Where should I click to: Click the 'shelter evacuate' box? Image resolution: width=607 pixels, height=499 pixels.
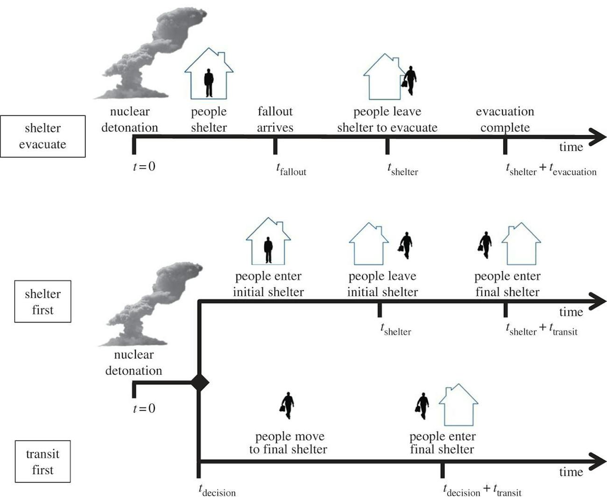click(x=42, y=136)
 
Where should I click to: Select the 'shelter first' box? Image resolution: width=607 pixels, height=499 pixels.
click(x=42, y=302)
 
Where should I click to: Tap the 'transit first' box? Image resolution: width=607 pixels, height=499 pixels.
click(x=42, y=462)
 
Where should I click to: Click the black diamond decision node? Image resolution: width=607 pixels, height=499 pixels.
click(x=200, y=383)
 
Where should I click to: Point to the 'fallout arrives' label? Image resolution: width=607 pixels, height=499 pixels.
click(x=275, y=119)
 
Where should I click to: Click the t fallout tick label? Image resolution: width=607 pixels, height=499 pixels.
click(x=290, y=169)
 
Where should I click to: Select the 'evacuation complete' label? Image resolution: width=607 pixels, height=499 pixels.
click(x=505, y=119)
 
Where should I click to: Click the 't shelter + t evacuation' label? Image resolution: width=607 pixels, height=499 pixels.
click(x=551, y=169)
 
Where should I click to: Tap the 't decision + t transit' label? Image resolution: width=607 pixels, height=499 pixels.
click(x=482, y=491)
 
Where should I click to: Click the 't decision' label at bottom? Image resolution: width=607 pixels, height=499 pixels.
click(x=217, y=491)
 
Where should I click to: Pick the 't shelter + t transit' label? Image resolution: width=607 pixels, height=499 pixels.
click(x=542, y=330)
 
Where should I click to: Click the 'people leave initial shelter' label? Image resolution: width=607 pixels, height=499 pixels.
click(x=382, y=284)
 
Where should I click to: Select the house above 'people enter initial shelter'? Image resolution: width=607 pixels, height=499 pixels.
click(x=268, y=241)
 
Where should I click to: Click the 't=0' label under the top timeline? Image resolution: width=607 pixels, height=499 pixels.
click(x=144, y=166)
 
